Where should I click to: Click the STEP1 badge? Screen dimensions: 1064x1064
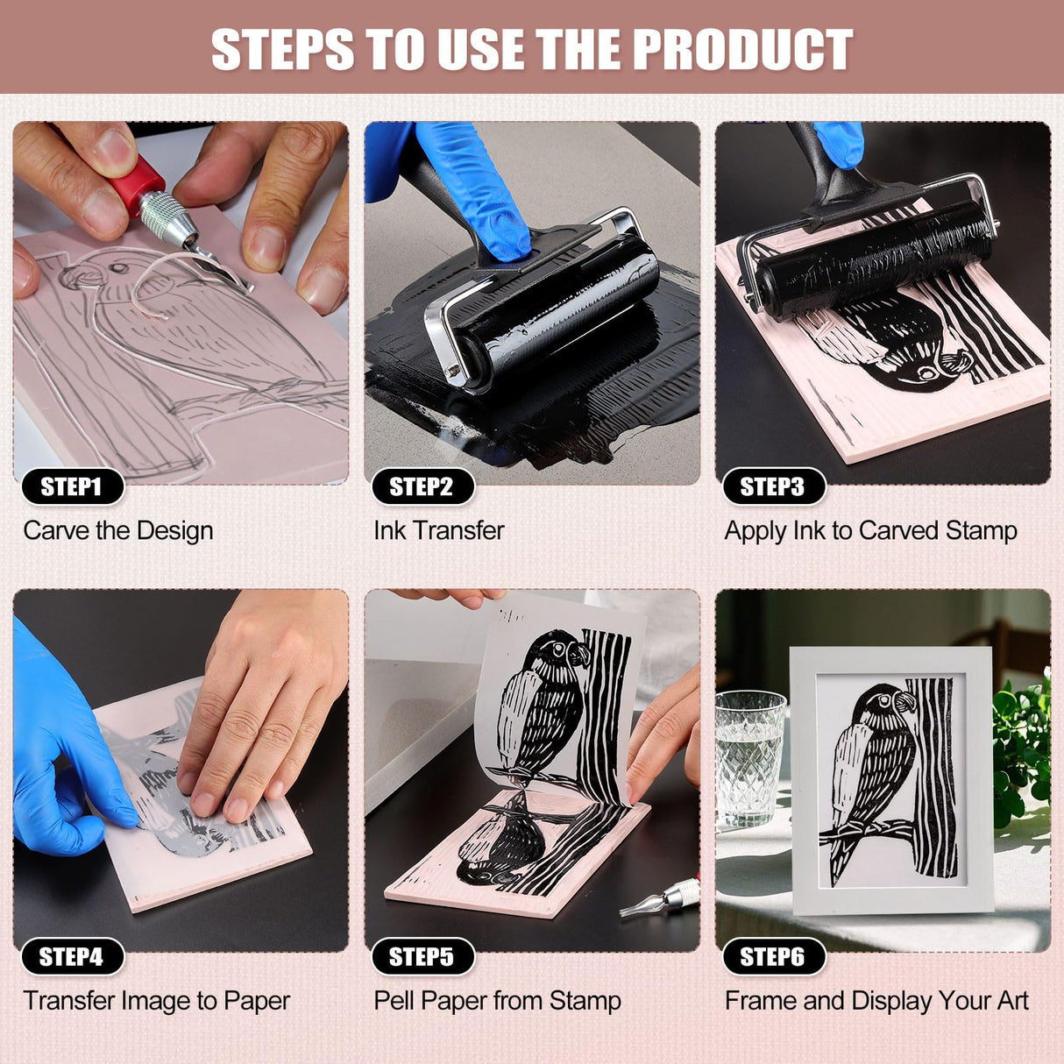(71, 486)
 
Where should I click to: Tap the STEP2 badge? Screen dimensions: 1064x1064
(422, 486)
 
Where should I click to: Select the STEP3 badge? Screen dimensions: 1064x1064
(772, 486)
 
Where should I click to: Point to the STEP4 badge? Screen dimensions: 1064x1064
(71, 956)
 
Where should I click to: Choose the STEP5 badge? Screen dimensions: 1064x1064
(422, 956)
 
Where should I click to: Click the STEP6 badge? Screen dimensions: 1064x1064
(772, 956)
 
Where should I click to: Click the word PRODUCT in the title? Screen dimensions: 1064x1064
(742, 49)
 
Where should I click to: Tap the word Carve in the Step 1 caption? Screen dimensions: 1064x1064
(56, 530)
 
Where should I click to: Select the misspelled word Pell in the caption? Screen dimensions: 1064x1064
(394, 1000)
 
